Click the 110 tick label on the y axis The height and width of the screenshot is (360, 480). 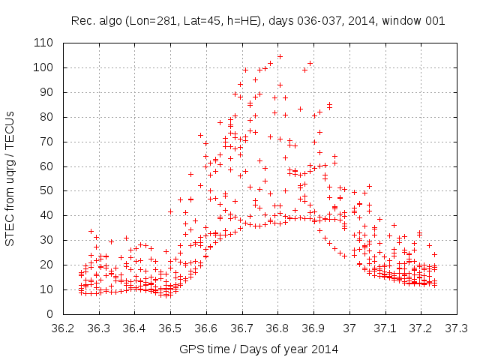point(43,43)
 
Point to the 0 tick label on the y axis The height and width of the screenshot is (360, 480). point(49,314)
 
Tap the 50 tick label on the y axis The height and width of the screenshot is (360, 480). point(46,190)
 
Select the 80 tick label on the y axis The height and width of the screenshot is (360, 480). point(46,117)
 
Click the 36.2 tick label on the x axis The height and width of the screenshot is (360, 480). point(63,328)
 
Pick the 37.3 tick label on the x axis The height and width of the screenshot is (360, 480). point(457,328)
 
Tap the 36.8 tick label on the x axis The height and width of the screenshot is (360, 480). point(277,328)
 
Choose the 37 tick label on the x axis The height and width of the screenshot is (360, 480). point(349,328)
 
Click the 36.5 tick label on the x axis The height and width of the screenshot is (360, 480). point(170,328)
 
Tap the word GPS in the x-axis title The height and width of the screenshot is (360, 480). point(190,349)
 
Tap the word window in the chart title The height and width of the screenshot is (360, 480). point(404,20)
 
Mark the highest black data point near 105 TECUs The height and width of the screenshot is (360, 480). point(280,56)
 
